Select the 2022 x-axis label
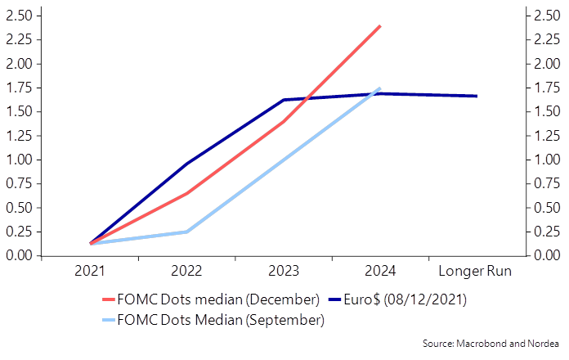(186, 271)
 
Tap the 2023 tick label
(283, 271)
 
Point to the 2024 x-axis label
(379, 271)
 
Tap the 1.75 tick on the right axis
(547, 88)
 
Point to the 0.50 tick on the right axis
(547, 208)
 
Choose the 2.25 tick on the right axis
(547, 39)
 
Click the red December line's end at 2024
(380, 26)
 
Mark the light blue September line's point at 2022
(186, 232)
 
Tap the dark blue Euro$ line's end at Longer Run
(477, 96)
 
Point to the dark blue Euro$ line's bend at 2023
(284, 100)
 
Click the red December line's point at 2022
(186, 193)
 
